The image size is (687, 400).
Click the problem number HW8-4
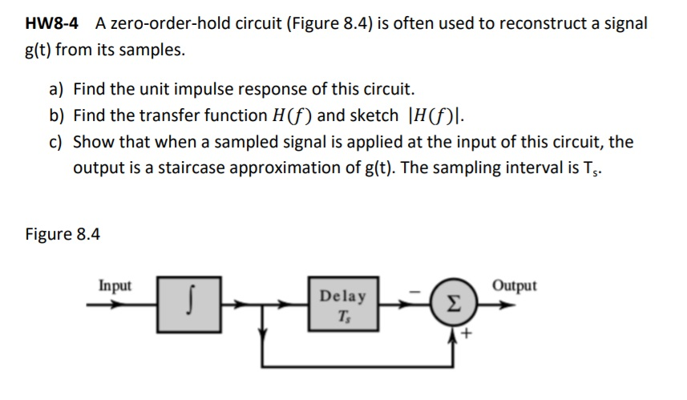tap(54, 23)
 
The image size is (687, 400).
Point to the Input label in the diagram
tap(115, 285)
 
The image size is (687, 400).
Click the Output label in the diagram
tap(515, 285)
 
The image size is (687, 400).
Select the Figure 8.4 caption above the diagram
tap(63, 234)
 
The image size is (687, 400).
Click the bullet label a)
tap(57, 88)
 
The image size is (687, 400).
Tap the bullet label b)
tap(57, 115)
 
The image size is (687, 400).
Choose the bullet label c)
tap(57, 143)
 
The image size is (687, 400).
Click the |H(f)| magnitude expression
tap(436, 115)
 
